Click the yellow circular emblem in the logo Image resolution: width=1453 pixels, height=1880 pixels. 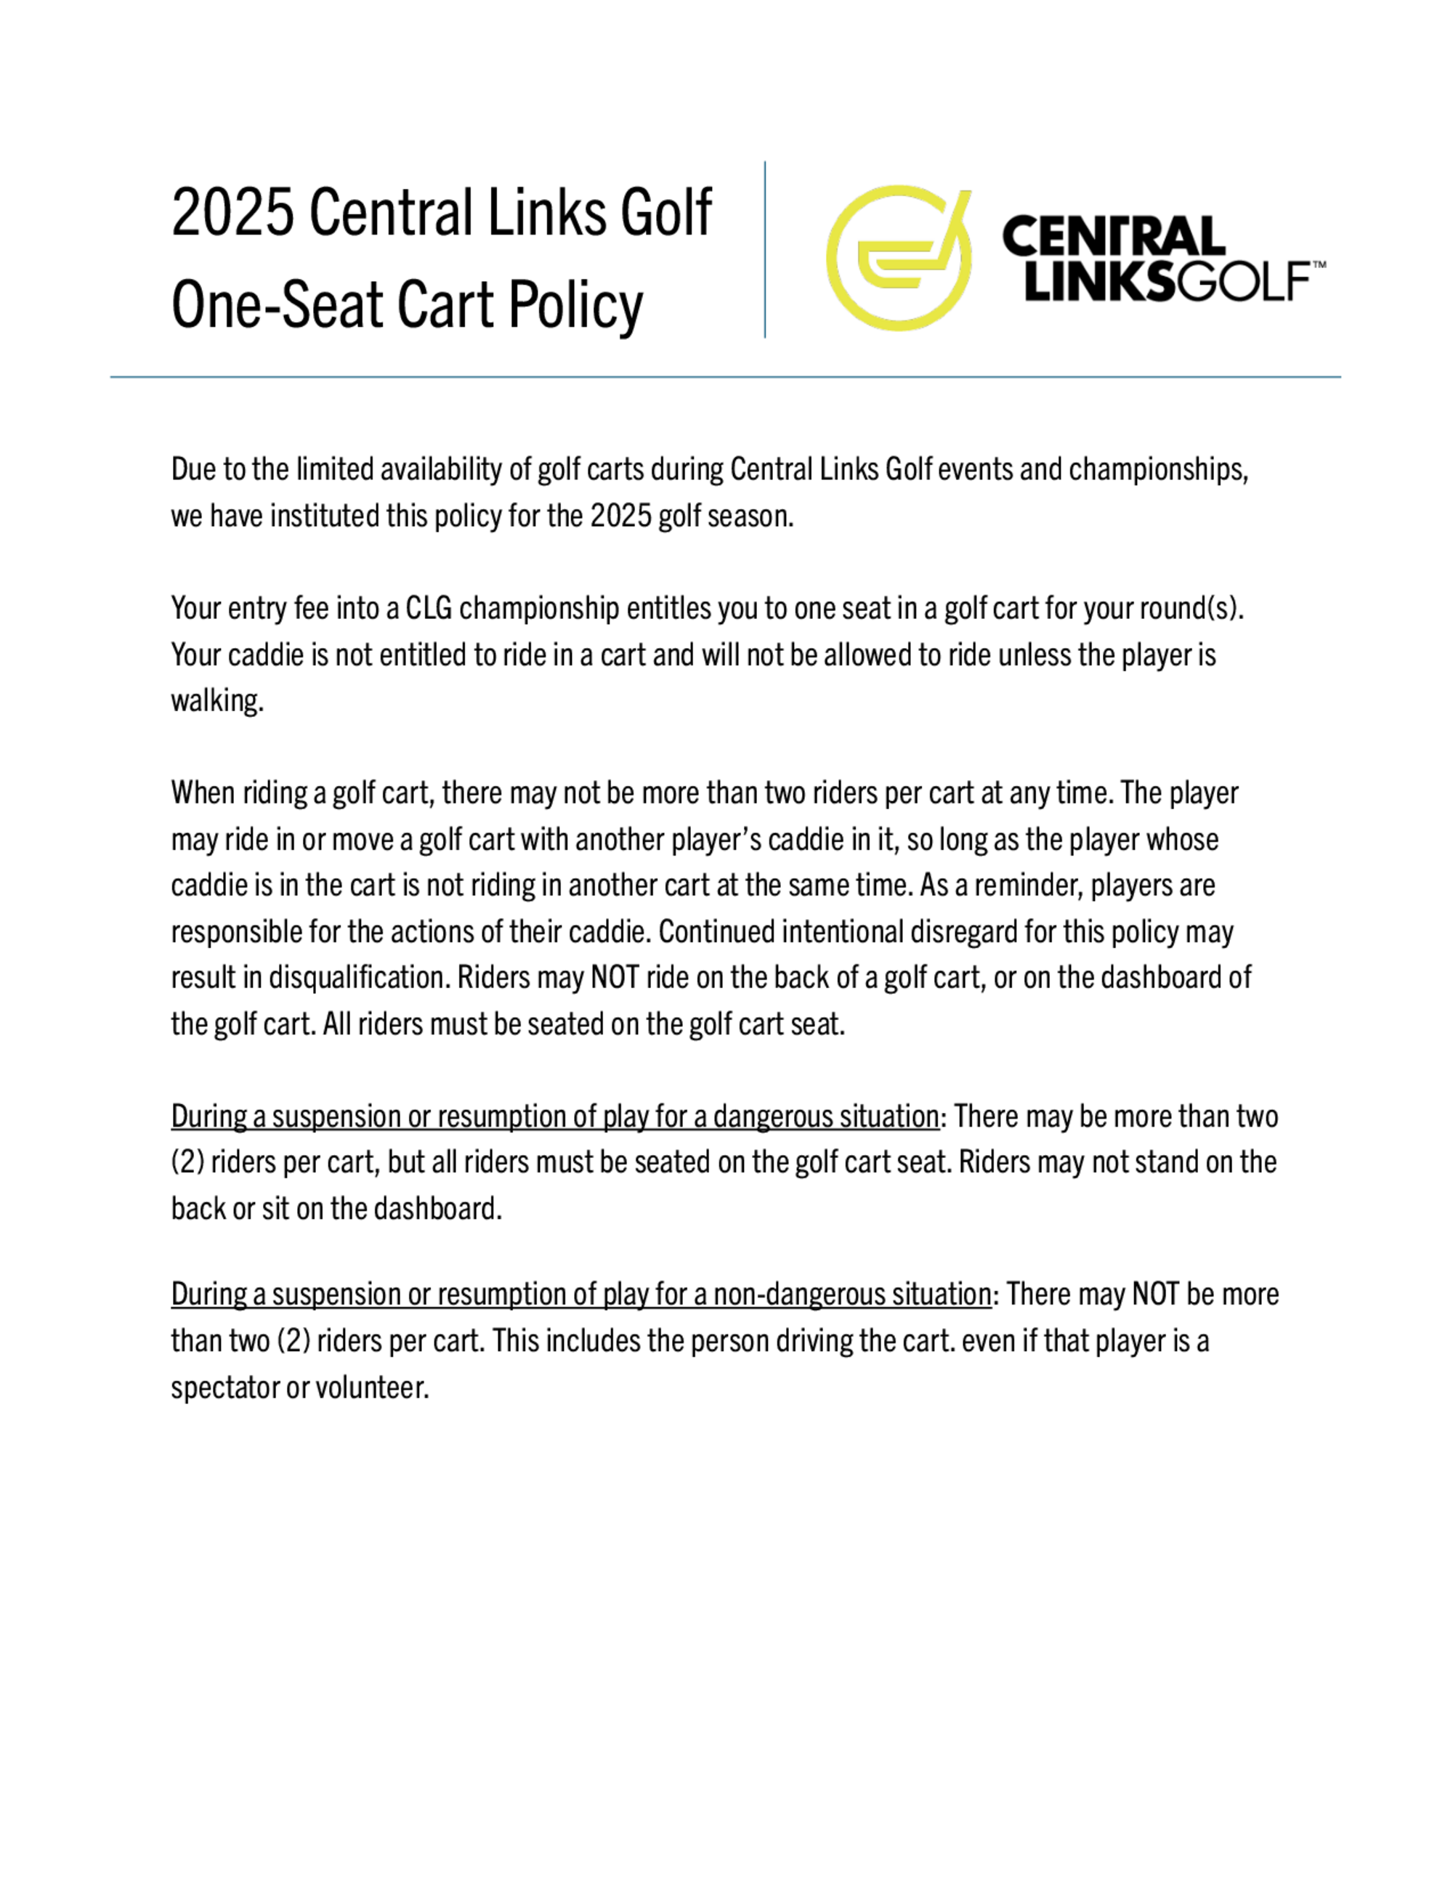click(x=899, y=257)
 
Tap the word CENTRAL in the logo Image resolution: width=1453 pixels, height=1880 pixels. click(x=1113, y=236)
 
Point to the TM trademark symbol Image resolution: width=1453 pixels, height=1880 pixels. click(x=1318, y=265)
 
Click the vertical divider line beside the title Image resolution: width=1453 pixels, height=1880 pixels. click(x=764, y=250)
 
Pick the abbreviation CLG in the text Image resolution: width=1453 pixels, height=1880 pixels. click(x=429, y=609)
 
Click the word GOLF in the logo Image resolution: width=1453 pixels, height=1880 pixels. click(x=1243, y=283)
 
